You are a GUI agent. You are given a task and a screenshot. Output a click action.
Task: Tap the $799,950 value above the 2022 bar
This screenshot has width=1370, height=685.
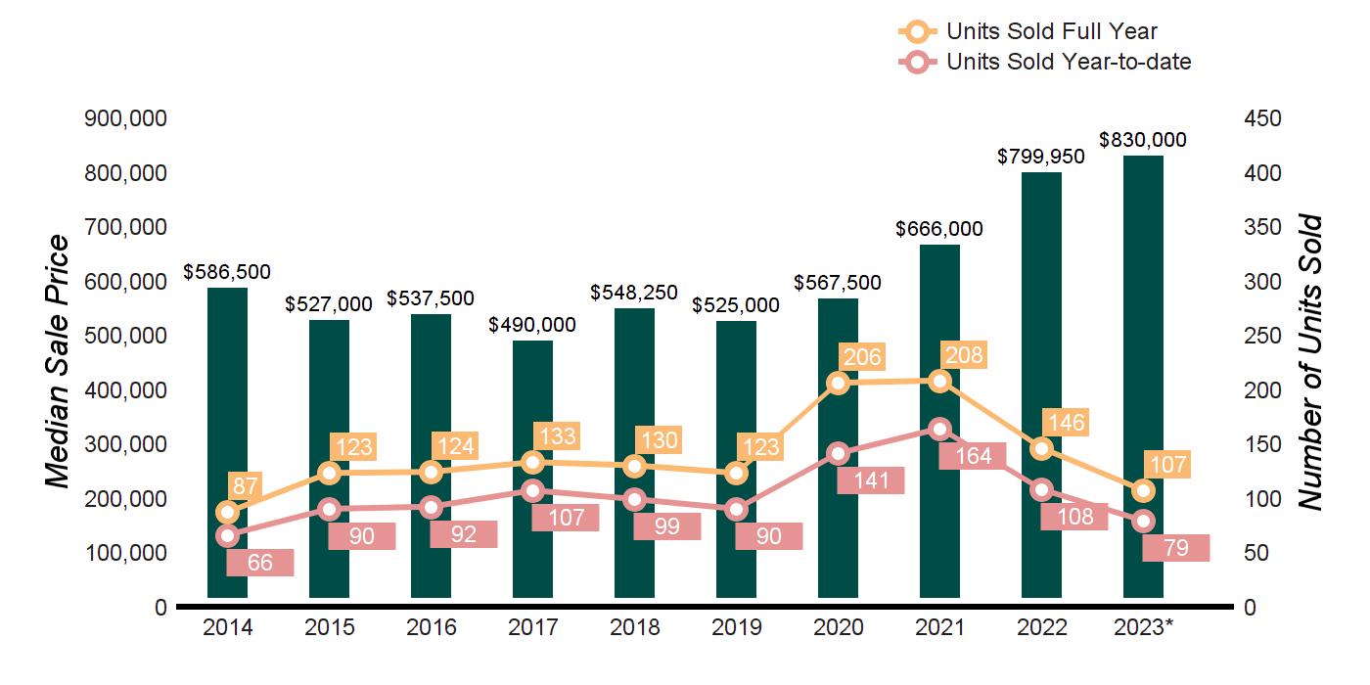pos(1041,157)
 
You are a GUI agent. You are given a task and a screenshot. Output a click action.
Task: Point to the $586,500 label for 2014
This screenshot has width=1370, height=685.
pos(227,272)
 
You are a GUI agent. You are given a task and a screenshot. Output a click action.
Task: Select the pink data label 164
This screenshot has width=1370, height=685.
pos(973,455)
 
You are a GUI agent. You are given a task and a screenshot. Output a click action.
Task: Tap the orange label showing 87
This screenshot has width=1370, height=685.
pos(244,486)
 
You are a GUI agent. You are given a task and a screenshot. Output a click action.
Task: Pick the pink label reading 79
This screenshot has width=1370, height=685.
pos(1176,548)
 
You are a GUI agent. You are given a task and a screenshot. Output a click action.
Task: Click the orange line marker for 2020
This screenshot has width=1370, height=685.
pos(838,383)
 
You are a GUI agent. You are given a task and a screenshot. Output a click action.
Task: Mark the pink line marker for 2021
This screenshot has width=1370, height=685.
pos(939,429)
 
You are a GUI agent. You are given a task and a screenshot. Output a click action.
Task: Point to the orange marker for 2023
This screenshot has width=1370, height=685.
pos(1143,490)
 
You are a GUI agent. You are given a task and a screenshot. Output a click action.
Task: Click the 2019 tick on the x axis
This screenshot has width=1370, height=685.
pos(736,627)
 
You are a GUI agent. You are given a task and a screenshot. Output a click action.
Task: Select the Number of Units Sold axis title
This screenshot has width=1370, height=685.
pos(1311,362)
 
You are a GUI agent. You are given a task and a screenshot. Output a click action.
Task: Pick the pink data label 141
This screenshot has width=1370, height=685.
pos(871,480)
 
